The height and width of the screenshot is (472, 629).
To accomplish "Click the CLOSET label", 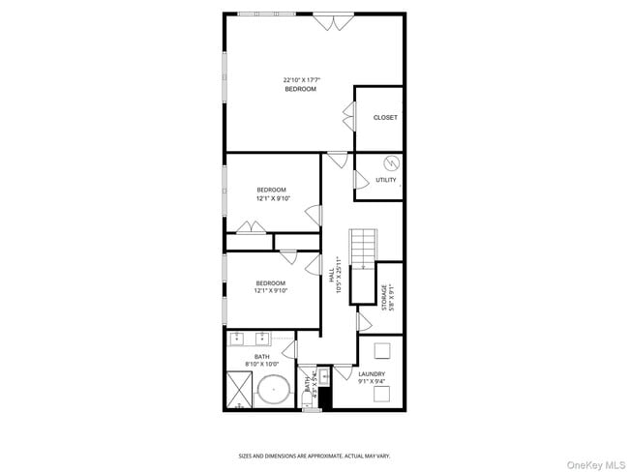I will point(385,118).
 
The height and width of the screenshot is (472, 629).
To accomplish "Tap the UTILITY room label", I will point(385,180).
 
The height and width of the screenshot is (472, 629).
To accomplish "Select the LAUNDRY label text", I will point(372,373).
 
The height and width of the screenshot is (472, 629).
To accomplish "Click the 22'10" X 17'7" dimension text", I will point(300,79).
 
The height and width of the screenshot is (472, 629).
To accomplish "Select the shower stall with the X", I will point(239,391).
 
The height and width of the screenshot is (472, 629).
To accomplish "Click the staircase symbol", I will point(362,249).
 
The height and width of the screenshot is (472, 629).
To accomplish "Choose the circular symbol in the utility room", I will point(392,162).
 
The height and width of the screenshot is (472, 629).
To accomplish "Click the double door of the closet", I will point(346,119).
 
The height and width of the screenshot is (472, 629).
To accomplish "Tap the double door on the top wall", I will point(325,19).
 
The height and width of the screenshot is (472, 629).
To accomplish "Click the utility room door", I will point(359,181).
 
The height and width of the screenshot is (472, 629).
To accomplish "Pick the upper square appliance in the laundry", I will point(382,350).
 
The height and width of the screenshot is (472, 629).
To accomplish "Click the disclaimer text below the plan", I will point(314,456).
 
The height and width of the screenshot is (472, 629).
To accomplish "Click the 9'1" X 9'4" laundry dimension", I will point(372,382).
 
